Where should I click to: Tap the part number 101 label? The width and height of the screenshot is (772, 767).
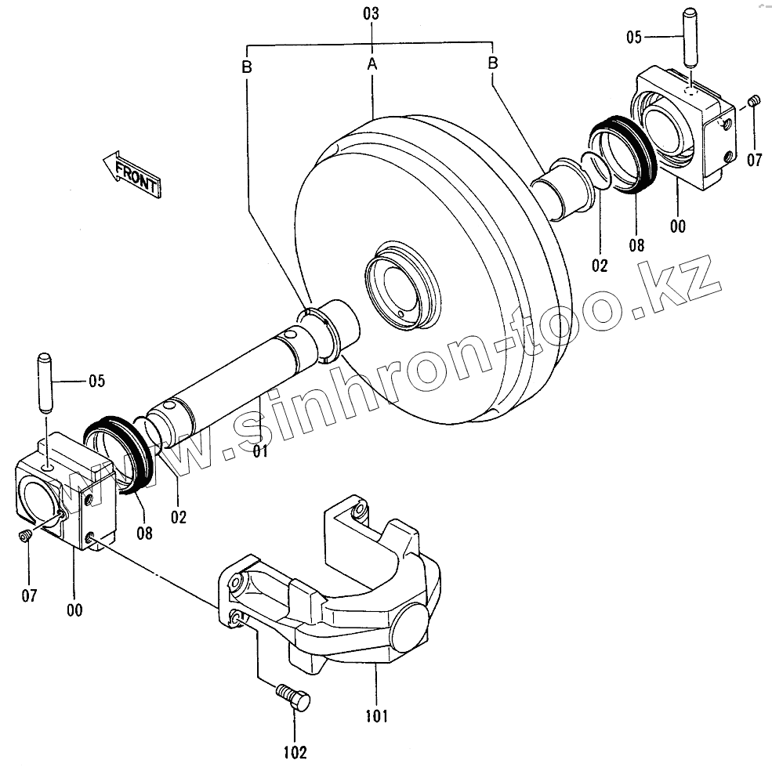pyautogui.click(x=376, y=715)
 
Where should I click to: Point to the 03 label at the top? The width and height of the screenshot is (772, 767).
pyautogui.click(x=371, y=13)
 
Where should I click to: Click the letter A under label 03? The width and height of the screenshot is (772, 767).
pyautogui.click(x=372, y=65)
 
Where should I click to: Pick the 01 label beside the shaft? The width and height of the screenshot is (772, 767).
pyautogui.click(x=260, y=452)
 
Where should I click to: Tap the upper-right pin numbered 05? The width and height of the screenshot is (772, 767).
pyautogui.click(x=690, y=49)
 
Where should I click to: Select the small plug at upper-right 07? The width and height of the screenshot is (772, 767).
pyautogui.click(x=755, y=101)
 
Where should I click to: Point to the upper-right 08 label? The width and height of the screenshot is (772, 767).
pyautogui.click(x=636, y=245)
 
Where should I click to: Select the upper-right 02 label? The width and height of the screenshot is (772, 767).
pyautogui.click(x=600, y=265)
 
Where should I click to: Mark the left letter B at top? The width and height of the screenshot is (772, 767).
pyautogui.click(x=246, y=67)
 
